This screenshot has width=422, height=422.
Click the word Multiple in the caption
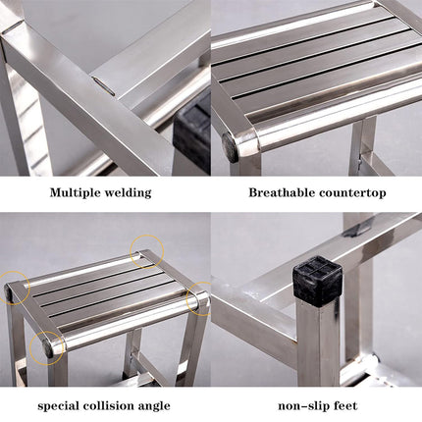click(76, 192)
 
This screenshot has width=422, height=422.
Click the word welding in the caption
click(128, 192)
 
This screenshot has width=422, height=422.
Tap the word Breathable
click(282, 192)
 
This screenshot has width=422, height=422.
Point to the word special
click(58, 406)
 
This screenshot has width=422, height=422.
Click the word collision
click(108, 405)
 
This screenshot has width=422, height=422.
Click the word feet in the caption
click(343, 406)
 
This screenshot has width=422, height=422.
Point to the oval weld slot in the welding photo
click(103, 85)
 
